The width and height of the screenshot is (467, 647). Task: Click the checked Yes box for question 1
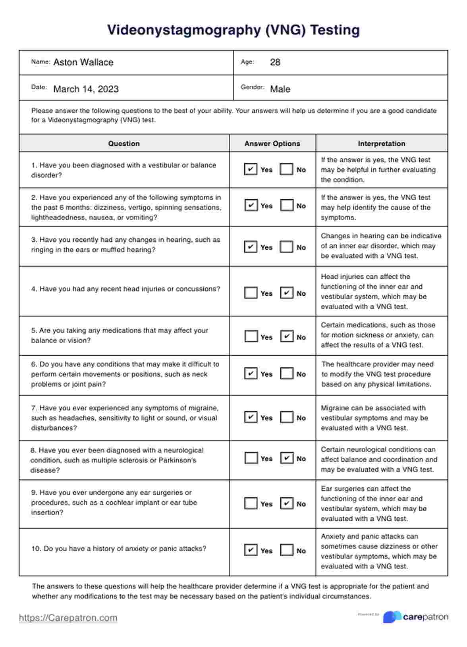250,169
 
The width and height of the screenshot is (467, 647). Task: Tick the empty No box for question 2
287,205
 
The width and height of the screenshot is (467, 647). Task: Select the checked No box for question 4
287,293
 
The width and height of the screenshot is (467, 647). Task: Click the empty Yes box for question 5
251,337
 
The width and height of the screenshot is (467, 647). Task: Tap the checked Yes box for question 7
251,417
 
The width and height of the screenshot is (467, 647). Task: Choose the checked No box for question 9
287,503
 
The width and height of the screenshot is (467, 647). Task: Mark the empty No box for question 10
287,550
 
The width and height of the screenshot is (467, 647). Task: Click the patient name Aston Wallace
83,62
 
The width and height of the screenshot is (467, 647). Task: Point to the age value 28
275,62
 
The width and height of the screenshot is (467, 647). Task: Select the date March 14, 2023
86,89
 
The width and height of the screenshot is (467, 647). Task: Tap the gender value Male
280,89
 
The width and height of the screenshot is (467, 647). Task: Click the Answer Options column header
272,144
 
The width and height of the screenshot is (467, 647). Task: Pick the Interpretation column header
381,144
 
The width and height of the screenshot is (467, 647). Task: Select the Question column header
124,144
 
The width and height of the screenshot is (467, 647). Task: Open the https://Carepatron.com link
68,618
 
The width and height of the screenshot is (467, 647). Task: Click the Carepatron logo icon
392,617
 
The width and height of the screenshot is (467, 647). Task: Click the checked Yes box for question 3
251,247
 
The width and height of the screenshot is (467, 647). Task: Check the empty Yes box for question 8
251,458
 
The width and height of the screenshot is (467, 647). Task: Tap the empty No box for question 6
287,374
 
